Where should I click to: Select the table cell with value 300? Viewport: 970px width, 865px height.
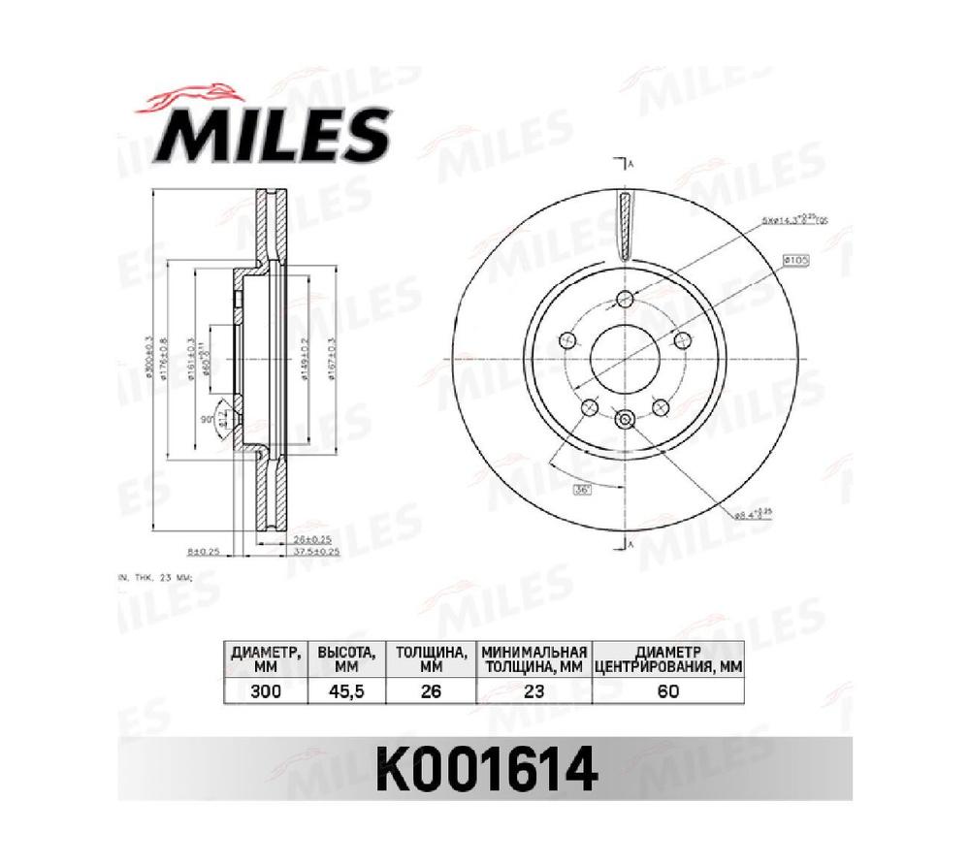tap(267, 690)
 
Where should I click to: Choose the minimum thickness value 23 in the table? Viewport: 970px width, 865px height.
tap(534, 690)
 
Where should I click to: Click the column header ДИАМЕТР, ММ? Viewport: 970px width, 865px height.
tap(267, 658)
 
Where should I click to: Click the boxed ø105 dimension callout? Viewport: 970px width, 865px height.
tap(794, 261)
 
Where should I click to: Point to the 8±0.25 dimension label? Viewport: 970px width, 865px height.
tap(204, 551)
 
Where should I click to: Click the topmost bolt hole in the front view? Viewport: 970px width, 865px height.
tap(625, 298)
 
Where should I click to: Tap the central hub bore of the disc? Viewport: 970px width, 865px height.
tap(625, 359)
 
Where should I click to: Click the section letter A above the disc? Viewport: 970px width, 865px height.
tap(631, 163)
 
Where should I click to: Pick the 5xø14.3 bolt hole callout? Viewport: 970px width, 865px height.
tap(792, 220)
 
